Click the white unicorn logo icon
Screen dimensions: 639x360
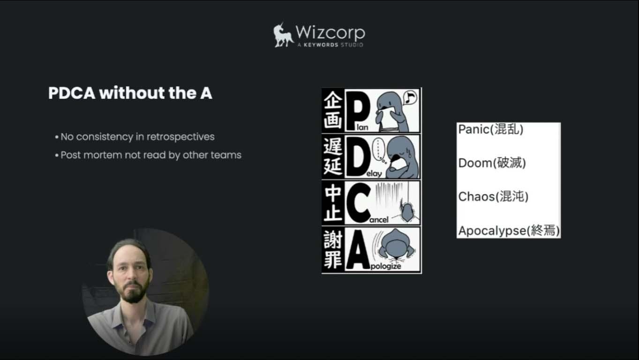pyautogui.click(x=283, y=35)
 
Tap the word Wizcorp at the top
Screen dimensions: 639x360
pyautogui.click(x=331, y=33)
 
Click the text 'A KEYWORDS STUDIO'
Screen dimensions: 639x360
pyautogui.click(x=330, y=45)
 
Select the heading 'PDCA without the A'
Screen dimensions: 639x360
pyautogui.click(x=130, y=93)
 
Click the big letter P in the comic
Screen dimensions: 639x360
pyautogui.click(x=358, y=111)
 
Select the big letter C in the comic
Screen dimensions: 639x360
pyautogui.click(x=358, y=203)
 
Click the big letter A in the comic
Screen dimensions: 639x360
pyautogui.click(x=358, y=249)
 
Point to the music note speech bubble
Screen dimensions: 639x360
pyautogui.click(x=410, y=98)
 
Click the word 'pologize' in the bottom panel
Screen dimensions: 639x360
pyautogui.click(x=386, y=266)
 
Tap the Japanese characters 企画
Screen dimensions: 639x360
pyautogui.click(x=333, y=111)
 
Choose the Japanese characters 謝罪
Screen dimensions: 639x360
pyautogui.click(x=333, y=249)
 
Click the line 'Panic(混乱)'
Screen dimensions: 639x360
pyautogui.click(x=491, y=129)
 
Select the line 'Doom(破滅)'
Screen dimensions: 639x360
pyautogui.click(x=492, y=163)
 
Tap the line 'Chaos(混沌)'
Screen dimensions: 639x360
pyautogui.click(x=494, y=196)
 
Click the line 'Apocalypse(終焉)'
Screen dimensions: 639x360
pyautogui.click(x=509, y=231)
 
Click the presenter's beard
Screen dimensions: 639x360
pyautogui.click(x=134, y=292)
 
